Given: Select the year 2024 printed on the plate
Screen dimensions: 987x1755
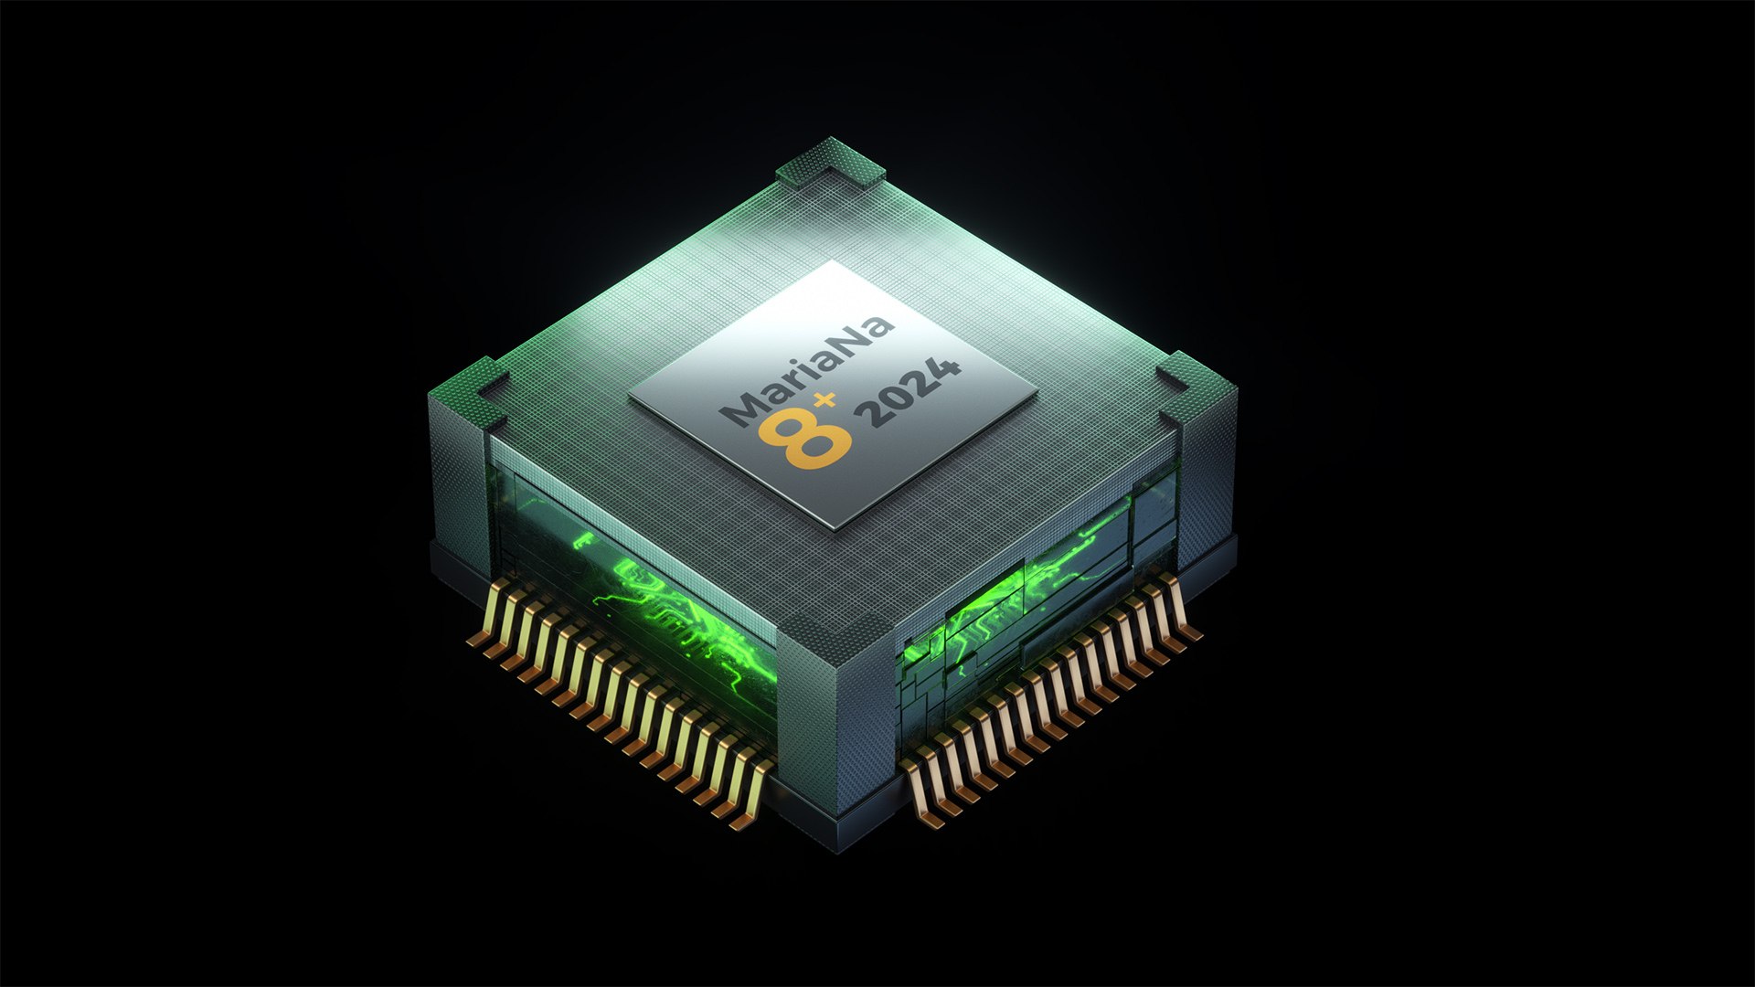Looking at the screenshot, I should [x=911, y=393].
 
